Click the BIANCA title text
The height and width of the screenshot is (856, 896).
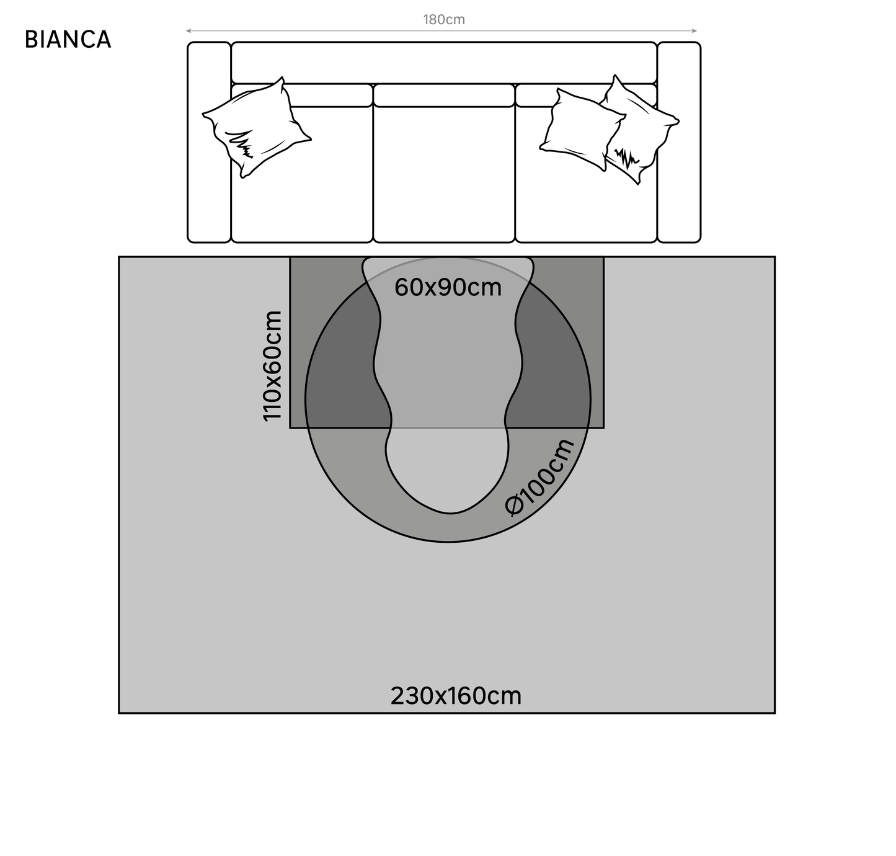(x=68, y=39)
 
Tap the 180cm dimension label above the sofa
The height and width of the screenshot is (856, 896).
(x=444, y=20)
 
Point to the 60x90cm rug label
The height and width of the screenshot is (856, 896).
(x=448, y=288)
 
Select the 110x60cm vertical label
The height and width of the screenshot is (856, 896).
(x=273, y=366)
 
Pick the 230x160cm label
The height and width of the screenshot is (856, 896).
(x=456, y=696)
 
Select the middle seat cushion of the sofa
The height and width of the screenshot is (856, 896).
(x=444, y=174)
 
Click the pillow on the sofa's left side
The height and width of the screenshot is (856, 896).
(x=256, y=127)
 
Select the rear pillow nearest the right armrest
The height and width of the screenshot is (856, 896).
(x=645, y=130)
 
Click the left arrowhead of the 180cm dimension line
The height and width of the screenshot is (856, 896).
(x=188, y=30)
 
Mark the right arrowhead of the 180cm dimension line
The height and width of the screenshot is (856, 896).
(x=695, y=30)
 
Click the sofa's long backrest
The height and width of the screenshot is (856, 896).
(x=444, y=62)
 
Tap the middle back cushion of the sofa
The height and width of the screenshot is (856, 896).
(x=444, y=95)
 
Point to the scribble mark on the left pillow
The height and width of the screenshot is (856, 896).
(x=242, y=146)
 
